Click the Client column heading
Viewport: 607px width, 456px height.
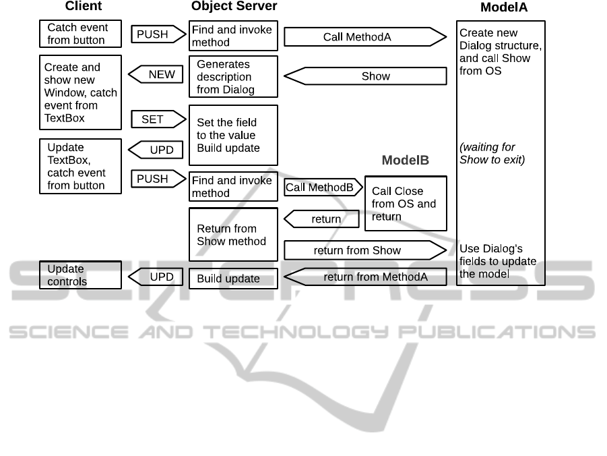coord(84,7)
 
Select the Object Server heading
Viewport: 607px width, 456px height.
coord(234,7)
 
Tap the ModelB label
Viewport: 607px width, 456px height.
coord(406,161)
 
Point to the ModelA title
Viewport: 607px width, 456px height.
coord(504,8)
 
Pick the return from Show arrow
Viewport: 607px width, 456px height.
coord(364,251)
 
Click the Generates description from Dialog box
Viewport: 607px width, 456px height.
coord(233,77)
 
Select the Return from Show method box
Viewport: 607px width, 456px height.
coord(233,235)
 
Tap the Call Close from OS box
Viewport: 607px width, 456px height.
coord(406,204)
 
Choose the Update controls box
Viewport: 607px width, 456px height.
coord(81,275)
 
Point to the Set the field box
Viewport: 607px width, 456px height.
coord(233,135)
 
